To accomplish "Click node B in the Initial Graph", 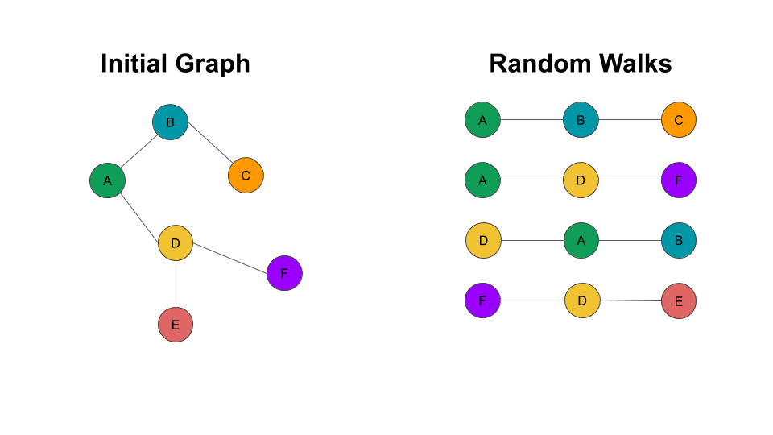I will click(x=170, y=122).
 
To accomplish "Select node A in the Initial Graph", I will click(x=107, y=180).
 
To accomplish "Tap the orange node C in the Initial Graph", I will click(x=246, y=175).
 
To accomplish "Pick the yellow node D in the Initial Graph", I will click(x=176, y=242).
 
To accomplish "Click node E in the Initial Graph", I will click(x=176, y=325).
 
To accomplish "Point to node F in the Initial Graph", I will click(x=284, y=273).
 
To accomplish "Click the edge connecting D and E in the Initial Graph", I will click(x=176, y=284).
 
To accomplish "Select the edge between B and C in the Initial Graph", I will click(x=208, y=149).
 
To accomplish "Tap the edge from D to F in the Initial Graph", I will click(x=230, y=258).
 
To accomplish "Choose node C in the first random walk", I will click(x=679, y=120).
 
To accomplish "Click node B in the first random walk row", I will click(x=581, y=120).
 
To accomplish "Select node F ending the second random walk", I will click(x=679, y=180).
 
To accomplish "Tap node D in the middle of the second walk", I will click(x=581, y=180).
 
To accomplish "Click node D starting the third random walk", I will click(x=483, y=240).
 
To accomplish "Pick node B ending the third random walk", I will click(x=679, y=240).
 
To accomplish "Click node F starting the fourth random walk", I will click(x=483, y=300).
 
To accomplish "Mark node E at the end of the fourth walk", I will click(x=679, y=301).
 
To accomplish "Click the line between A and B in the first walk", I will click(x=531, y=120).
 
